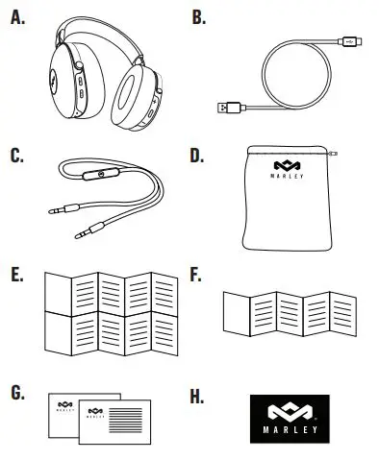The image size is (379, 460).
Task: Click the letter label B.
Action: [199, 16]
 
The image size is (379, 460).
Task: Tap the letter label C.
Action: [16, 155]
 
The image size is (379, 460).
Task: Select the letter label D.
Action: [199, 155]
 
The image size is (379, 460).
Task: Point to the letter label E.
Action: [15, 275]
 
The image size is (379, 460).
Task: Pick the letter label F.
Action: [198, 275]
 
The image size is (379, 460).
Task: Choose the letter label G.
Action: [16, 393]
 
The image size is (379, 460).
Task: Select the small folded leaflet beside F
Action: [287, 312]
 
